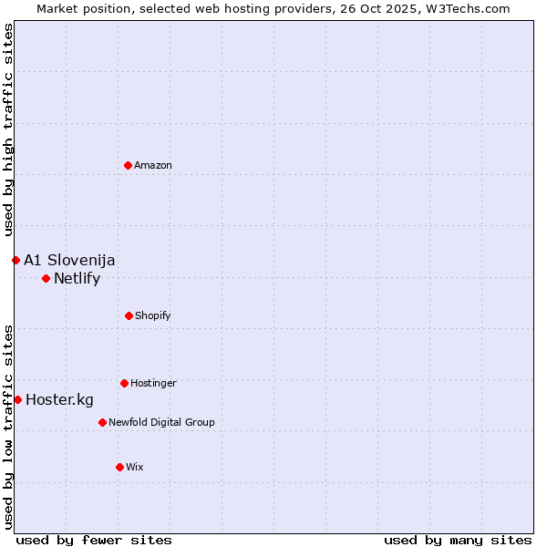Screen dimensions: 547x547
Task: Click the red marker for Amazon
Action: pyautogui.click(x=128, y=165)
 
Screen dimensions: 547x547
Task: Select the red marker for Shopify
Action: pyautogui.click(x=129, y=315)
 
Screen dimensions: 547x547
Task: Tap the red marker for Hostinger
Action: pyautogui.click(x=124, y=383)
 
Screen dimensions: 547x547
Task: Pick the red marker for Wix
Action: pyautogui.click(x=119, y=467)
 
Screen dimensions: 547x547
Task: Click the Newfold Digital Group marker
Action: pyautogui.click(x=102, y=422)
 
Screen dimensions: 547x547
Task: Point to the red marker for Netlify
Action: pyautogui.click(x=46, y=278)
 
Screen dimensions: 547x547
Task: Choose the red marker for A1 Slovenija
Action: pyautogui.click(x=15, y=260)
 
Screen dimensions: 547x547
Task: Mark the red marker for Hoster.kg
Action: pyautogui.click(x=17, y=399)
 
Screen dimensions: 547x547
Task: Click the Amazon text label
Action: pyautogui.click(x=153, y=165)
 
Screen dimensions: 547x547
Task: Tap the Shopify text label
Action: pyautogui.click(x=152, y=315)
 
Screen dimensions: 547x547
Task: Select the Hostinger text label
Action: pyautogui.click(x=153, y=383)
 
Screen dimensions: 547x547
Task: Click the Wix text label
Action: pyautogui.click(x=135, y=467)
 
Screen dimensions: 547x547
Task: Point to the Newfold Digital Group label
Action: pyautogui.click(x=161, y=422)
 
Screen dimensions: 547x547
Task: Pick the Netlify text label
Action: pyautogui.click(x=77, y=279)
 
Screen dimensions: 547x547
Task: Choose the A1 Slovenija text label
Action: pyautogui.click(x=69, y=261)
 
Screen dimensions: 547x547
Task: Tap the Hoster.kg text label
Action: pyautogui.click(x=59, y=400)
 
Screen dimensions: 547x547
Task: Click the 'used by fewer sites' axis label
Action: pyautogui.click(x=94, y=540)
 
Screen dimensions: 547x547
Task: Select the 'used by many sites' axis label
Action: pyautogui.click(x=458, y=540)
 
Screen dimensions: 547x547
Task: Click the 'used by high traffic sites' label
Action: pyautogui.click(x=8, y=130)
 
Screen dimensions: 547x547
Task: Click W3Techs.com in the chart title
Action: pyautogui.click(x=466, y=8)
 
